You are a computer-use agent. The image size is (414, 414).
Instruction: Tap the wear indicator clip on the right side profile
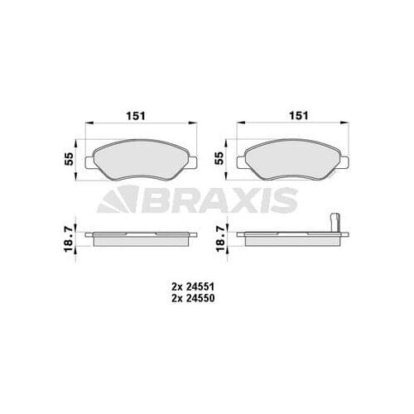click(x=335, y=224)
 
